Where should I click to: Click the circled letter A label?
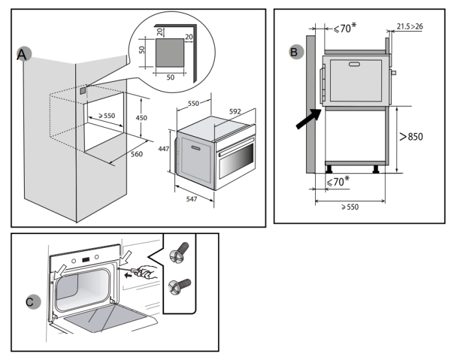[23, 54]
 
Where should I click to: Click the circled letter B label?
[296, 52]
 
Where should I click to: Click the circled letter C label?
[33, 302]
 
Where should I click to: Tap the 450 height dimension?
[141, 118]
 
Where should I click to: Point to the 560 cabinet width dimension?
[137, 154]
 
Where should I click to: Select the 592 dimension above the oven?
[235, 112]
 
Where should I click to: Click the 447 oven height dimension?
[163, 149]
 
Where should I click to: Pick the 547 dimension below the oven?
[192, 199]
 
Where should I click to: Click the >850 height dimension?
[411, 136]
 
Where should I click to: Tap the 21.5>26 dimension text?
[410, 27]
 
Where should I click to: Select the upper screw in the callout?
[179, 253]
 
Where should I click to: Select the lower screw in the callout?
[180, 287]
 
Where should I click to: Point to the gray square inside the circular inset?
[170, 53]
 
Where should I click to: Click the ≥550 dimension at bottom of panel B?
[350, 207]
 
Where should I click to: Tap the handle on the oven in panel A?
[196, 149]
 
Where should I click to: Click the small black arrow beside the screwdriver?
[128, 275]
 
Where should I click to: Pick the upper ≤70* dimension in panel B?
[345, 28]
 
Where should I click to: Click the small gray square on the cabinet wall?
[83, 91]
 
